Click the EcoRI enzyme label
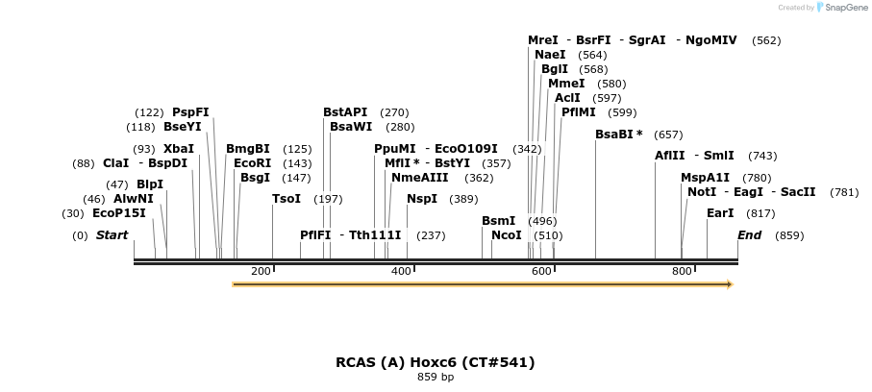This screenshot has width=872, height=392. [253, 163]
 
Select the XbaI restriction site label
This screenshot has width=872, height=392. [179, 149]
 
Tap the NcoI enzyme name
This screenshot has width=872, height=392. [506, 235]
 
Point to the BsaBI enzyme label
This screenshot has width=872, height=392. [619, 135]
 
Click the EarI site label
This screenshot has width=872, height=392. [720, 213]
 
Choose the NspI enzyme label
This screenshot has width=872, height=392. [422, 199]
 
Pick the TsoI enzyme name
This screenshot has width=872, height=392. [287, 199]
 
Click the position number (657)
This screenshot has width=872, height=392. [668, 135]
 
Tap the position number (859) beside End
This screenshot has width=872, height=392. [789, 235]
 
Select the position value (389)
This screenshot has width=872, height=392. [463, 199]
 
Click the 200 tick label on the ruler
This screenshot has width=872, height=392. [261, 271]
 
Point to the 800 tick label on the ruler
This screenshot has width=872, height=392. [682, 271]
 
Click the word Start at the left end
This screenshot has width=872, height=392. [112, 235]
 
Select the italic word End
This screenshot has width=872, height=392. [749, 235]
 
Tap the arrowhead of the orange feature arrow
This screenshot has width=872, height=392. [730, 284]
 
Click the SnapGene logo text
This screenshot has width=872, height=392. [846, 8]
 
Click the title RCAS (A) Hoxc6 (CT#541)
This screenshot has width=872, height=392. [435, 362]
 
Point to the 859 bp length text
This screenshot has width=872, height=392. [436, 377]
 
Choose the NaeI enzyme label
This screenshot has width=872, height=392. [550, 55]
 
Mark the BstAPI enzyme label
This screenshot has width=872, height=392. [345, 112]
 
